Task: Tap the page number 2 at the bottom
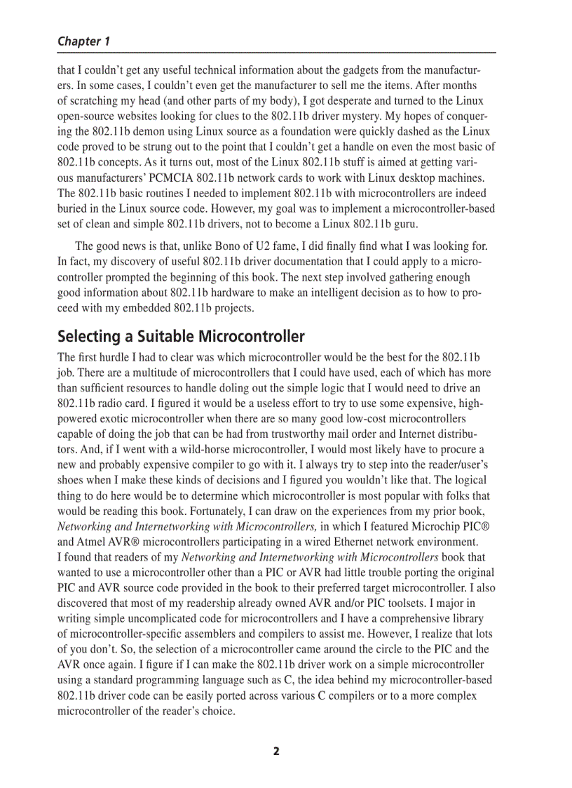[276, 751]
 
